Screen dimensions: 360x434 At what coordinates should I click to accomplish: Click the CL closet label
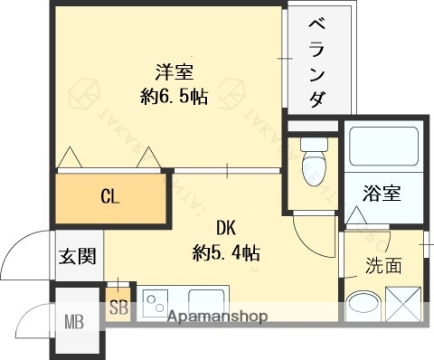point(111,194)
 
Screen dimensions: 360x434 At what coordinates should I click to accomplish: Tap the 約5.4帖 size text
point(225,252)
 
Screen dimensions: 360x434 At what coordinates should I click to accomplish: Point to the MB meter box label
point(73,319)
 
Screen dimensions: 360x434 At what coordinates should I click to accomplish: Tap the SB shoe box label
point(118,307)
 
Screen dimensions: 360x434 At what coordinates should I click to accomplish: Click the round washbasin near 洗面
point(363,306)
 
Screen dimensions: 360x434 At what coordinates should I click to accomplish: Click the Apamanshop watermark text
point(216,317)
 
